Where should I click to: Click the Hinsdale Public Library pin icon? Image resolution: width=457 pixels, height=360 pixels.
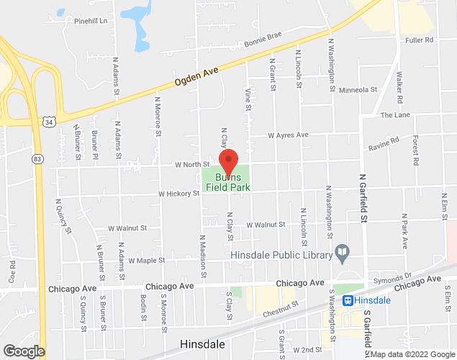343,253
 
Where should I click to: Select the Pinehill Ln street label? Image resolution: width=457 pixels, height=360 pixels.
90,22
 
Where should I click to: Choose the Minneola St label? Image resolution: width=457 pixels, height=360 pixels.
358,90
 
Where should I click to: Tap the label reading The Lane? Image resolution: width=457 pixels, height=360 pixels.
395,115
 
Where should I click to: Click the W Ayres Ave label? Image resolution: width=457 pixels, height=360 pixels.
288,135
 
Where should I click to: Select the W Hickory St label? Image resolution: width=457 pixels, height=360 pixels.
179,193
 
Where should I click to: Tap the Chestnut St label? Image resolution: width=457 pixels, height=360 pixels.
281,308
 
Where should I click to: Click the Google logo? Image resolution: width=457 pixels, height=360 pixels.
23,351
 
